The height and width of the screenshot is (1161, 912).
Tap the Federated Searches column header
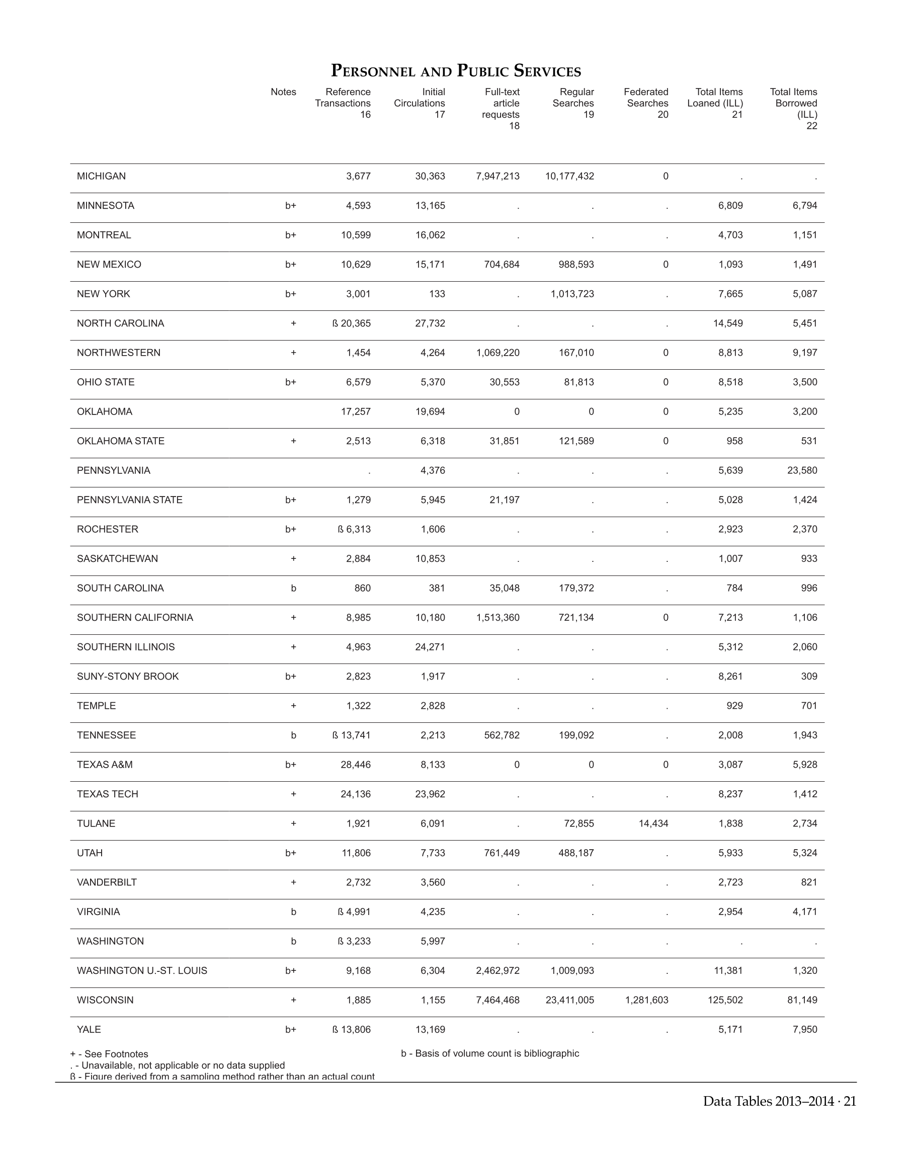coord(646,103)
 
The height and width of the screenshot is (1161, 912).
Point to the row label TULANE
coord(96,823)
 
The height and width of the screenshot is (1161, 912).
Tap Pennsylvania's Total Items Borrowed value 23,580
coord(802,470)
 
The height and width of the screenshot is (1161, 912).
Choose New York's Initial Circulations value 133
coord(437,294)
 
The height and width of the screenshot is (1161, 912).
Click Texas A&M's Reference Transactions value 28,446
coord(356,764)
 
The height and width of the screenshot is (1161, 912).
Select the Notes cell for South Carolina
coord(293,588)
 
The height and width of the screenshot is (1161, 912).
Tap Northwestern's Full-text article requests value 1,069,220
coord(498,353)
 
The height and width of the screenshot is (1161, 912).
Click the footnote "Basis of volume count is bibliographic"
coord(489,1053)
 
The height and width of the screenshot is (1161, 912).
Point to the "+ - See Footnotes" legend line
coord(110,1054)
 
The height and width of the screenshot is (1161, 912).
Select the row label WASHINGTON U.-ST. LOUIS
coord(142,970)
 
